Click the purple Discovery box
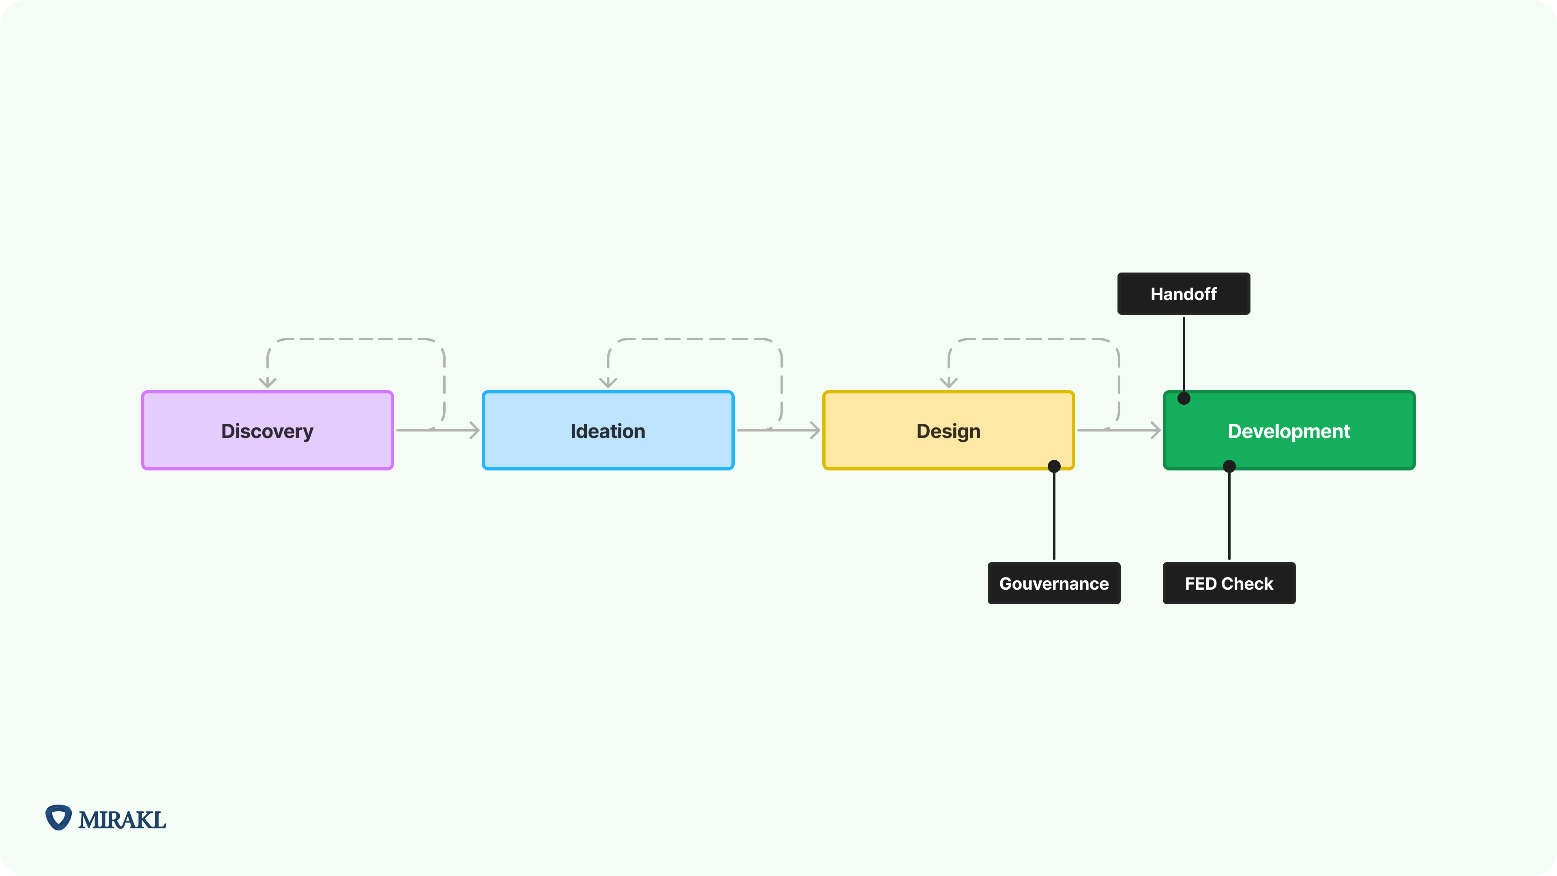point(267,430)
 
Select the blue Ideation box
point(607,430)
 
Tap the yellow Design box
point(948,430)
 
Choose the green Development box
point(1289,430)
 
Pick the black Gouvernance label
point(1053,584)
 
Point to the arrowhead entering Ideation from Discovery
point(475,430)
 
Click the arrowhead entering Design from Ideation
point(815,430)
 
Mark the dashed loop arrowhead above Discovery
point(267,383)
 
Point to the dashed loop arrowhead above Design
point(948,383)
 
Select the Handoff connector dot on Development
point(1184,398)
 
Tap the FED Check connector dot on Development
point(1229,466)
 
